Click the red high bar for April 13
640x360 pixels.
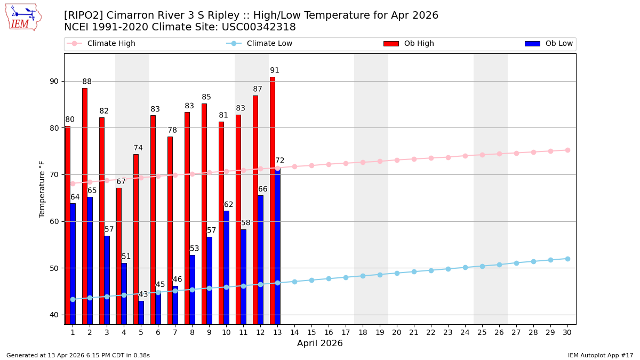tap(272, 200)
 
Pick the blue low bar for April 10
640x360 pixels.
tap(226, 267)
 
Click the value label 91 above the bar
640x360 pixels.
tap(275, 70)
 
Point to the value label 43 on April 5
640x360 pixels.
tap(143, 294)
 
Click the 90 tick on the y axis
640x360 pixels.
tap(53, 81)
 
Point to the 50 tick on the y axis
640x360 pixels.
tap(53, 268)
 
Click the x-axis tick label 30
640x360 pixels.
tap(567, 332)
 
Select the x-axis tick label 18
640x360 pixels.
tap(363, 332)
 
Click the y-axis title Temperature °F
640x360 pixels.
tap(43, 189)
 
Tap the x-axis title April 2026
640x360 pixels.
tap(320, 343)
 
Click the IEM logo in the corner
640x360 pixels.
tap(23, 17)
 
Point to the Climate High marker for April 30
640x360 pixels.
tap(567, 150)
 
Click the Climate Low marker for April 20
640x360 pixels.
tap(397, 273)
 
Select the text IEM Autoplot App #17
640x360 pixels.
tap(600, 355)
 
